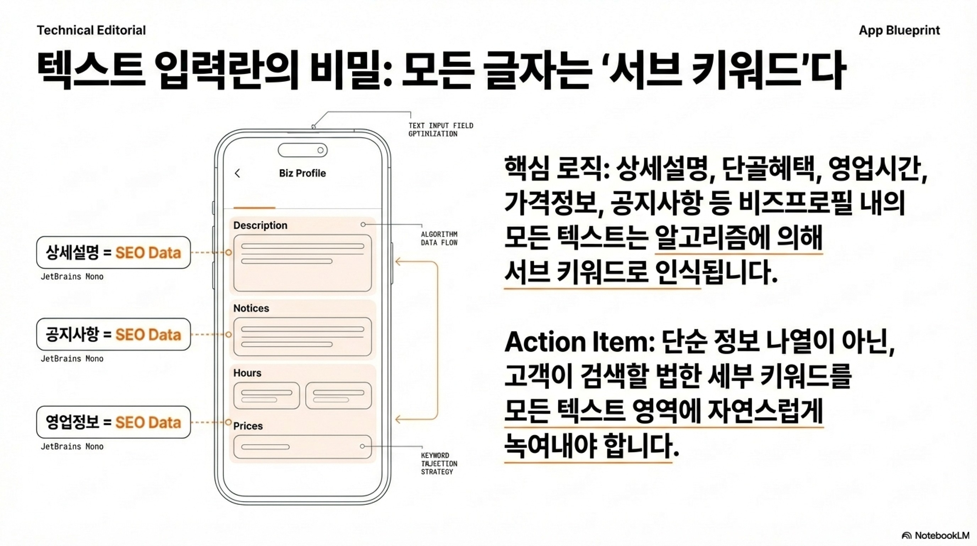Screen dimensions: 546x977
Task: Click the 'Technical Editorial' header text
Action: (91, 30)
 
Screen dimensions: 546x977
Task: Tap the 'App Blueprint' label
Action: (899, 30)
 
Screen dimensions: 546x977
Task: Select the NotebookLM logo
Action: (935, 535)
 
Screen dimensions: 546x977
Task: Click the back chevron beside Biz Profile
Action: (238, 173)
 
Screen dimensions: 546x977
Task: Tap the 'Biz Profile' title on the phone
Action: (302, 173)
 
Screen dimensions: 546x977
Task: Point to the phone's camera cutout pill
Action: (302, 150)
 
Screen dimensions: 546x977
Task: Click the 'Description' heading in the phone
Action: (260, 225)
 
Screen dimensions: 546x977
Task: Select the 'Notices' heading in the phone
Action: (251, 308)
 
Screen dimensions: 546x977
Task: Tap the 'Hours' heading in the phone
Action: (247, 373)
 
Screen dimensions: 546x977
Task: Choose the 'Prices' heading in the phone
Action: (248, 426)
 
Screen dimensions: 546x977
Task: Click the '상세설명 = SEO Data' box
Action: (113, 252)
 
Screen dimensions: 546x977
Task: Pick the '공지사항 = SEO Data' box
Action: (113, 334)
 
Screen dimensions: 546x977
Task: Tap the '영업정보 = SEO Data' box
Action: (113, 422)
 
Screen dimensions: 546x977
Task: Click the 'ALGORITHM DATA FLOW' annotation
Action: (439, 239)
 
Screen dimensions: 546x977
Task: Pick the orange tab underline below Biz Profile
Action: (254, 208)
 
